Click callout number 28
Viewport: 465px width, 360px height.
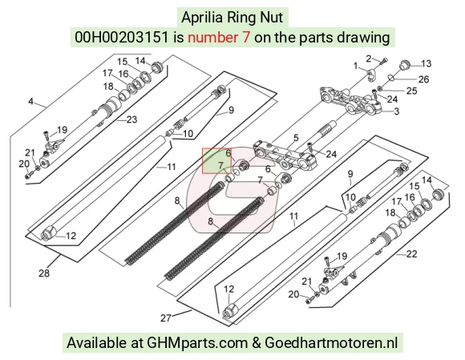44,273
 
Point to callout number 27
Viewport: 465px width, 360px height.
166,318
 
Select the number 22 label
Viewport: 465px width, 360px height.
411,254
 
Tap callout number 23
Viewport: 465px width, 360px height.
132,119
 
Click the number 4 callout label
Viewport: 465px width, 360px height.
30,101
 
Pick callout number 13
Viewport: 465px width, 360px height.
427,63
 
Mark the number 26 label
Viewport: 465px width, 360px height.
423,79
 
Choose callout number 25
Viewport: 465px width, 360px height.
411,91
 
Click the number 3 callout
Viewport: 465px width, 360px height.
397,111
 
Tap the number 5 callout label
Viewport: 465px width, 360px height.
296,138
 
